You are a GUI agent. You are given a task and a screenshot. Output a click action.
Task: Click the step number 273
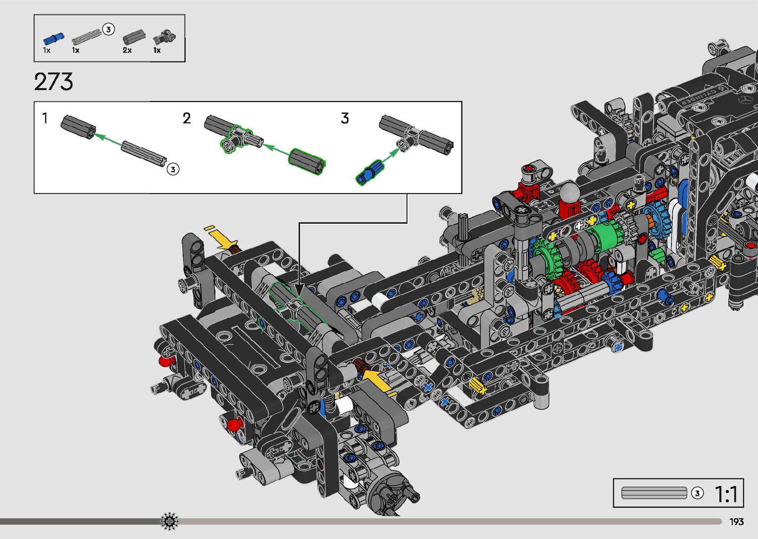(x=53, y=82)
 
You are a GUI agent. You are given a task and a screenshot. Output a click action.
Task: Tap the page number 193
(x=736, y=522)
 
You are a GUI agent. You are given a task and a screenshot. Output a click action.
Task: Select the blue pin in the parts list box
(x=53, y=39)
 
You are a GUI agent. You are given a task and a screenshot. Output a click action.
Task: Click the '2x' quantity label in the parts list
(x=127, y=50)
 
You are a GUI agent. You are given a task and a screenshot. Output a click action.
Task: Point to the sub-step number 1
(x=45, y=118)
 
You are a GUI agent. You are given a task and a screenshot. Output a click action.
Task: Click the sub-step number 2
(x=187, y=118)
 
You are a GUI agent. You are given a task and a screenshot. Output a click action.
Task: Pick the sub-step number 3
(x=345, y=118)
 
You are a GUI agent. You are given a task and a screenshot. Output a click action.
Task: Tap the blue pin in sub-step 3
(x=369, y=172)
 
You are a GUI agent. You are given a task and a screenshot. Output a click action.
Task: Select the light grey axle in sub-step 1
(x=144, y=153)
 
